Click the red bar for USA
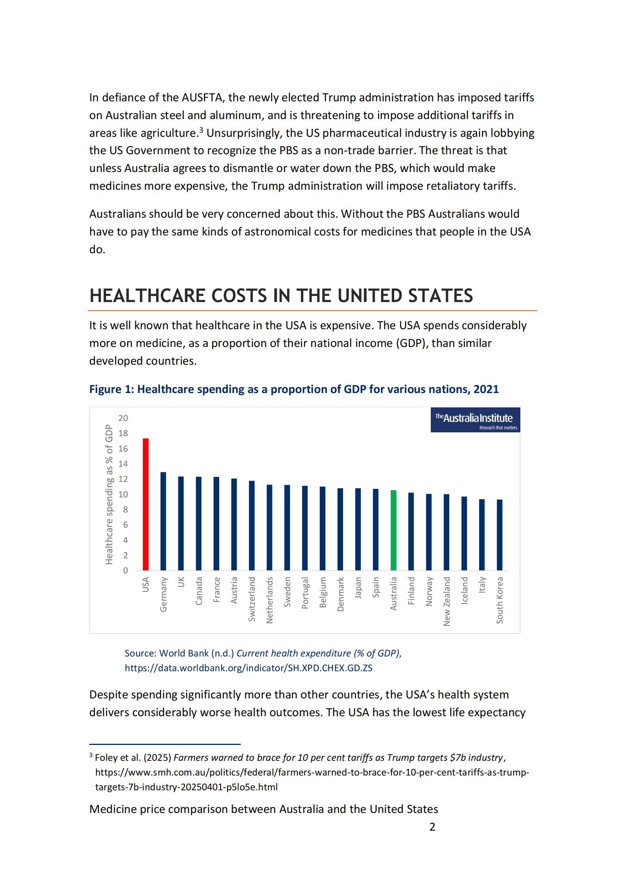pyautogui.click(x=145, y=504)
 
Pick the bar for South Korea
pyautogui.click(x=500, y=535)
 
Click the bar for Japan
pyautogui.click(x=358, y=529)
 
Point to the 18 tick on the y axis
pyautogui.click(x=123, y=433)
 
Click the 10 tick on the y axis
pyautogui.click(x=123, y=494)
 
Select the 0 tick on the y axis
pyautogui.click(x=125, y=571)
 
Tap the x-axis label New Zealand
pyautogui.click(x=446, y=601)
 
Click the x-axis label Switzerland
pyautogui.click(x=252, y=599)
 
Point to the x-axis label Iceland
pyautogui.click(x=464, y=591)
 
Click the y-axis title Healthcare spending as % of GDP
pyautogui.click(x=109, y=494)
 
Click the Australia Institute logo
pyautogui.click(x=475, y=420)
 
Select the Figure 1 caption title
pyautogui.click(x=294, y=389)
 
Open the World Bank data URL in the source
pyautogui.click(x=248, y=668)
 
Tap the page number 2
pyautogui.click(x=432, y=827)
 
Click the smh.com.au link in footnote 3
pyautogui.click(x=312, y=773)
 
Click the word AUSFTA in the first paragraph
pyautogui.click(x=202, y=98)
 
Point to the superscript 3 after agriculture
pyautogui.click(x=201, y=130)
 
